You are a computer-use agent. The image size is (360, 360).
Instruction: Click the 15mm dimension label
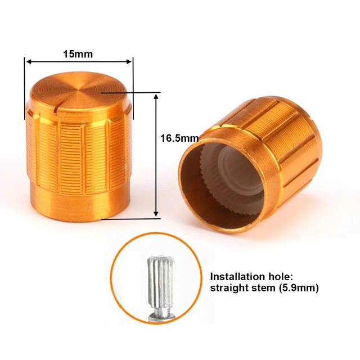point(78,54)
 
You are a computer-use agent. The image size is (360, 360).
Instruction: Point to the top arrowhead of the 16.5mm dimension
point(156,97)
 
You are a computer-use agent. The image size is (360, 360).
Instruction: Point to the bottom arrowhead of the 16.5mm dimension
point(156,213)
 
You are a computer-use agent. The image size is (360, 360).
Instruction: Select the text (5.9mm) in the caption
point(299,288)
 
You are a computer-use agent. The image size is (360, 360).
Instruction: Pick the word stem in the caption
point(264,288)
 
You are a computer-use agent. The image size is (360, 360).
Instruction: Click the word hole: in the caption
point(279,277)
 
